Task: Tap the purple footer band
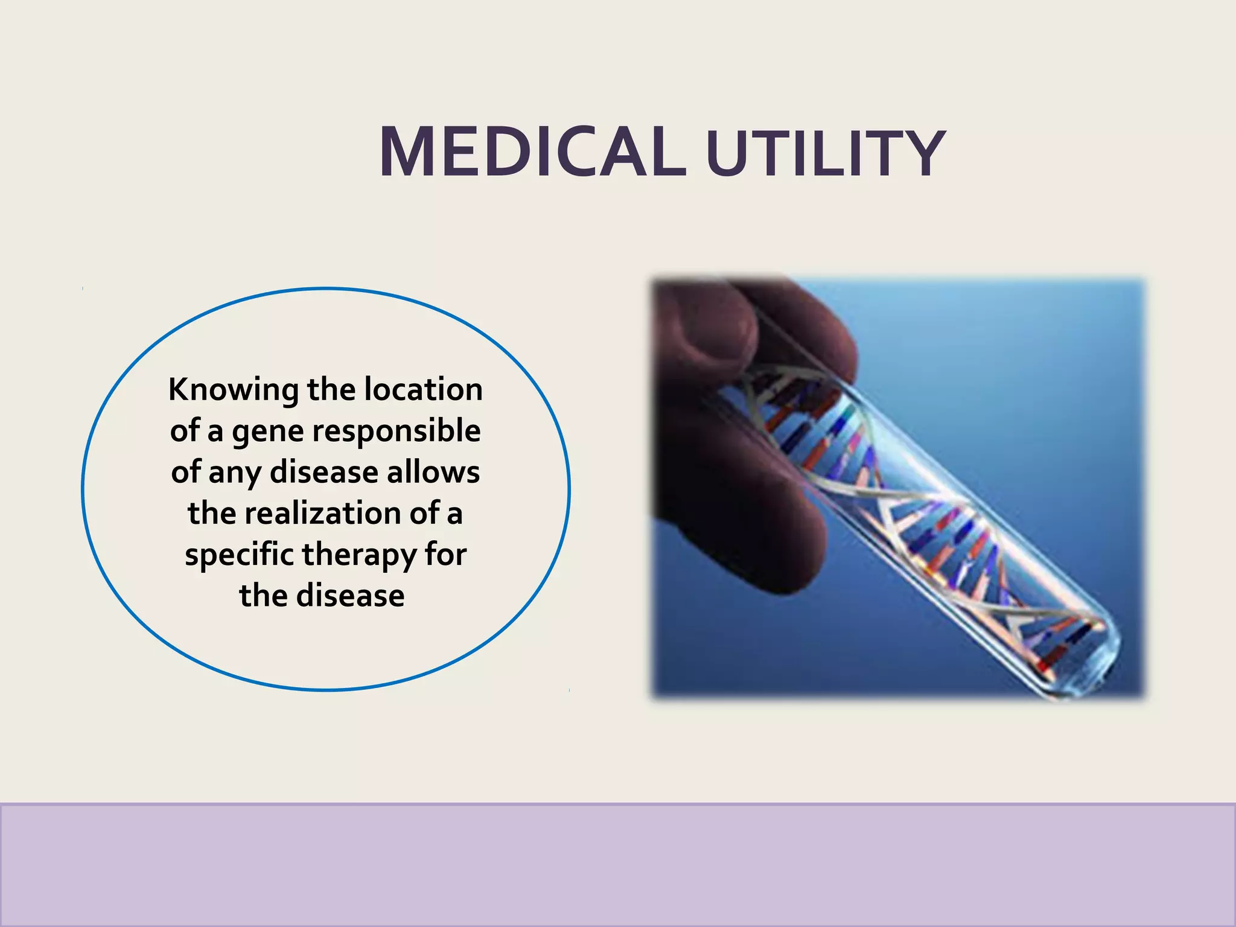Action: (x=618, y=864)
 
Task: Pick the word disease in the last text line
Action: (x=350, y=596)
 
